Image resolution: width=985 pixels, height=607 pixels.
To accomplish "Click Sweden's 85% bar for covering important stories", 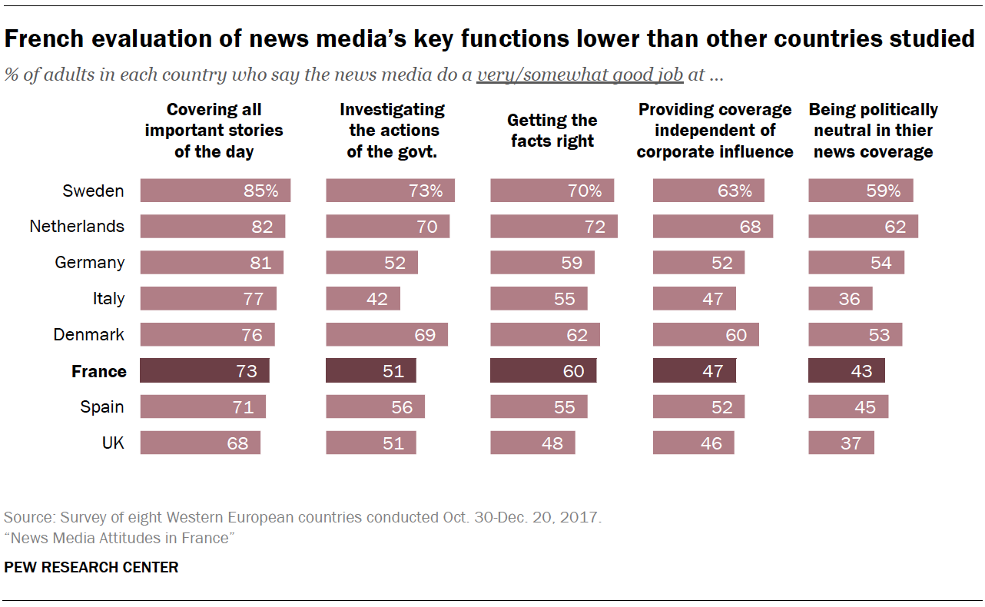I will tap(215, 191).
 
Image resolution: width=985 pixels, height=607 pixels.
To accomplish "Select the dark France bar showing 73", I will tap(205, 371).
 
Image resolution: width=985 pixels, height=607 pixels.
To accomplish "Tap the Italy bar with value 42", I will tap(363, 298).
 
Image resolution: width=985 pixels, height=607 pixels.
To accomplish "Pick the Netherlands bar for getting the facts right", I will tap(554, 227).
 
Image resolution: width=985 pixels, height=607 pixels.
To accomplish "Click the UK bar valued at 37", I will tap(841, 443).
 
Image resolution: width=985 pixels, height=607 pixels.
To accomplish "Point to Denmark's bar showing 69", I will tap(386, 335).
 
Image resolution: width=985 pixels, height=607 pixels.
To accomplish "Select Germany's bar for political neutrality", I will tap(856, 263).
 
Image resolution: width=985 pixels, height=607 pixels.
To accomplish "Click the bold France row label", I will tap(98, 372).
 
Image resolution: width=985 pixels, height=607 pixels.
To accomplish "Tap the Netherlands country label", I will tap(77, 227).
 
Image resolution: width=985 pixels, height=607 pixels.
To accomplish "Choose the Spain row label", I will tap(102, 407).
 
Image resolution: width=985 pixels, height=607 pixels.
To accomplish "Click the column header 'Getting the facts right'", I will tap(552, 131).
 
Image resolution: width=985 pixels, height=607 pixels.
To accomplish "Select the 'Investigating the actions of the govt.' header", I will tap(392, 131).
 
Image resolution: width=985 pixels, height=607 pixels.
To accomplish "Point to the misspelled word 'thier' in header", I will tap(914, 131).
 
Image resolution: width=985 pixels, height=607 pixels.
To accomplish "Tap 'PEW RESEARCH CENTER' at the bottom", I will tap(91, 568).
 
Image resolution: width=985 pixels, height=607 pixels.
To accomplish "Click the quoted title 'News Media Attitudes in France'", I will tap(119, 538).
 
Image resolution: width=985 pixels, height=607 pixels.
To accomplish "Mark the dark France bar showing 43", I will tap(847, 371).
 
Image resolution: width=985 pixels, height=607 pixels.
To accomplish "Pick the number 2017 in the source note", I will tap(582, 517).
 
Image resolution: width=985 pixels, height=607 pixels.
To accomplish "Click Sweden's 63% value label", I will tap(735, 191).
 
